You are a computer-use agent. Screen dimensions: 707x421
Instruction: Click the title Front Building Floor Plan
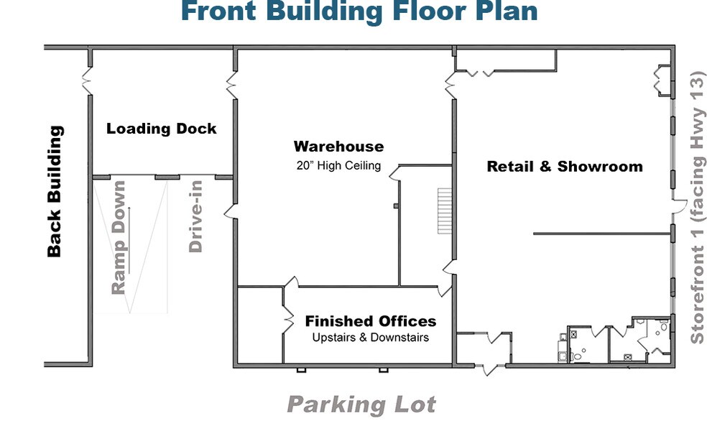359,11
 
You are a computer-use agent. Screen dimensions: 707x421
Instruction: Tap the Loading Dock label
162,129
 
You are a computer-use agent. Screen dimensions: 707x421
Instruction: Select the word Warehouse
338,147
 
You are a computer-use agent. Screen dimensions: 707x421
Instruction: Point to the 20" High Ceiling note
338,165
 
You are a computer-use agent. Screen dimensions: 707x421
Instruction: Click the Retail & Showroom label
565,167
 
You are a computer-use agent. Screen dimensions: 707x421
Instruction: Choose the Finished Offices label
371,321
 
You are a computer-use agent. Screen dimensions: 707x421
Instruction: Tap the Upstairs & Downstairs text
371,337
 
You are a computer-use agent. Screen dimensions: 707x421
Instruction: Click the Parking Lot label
361,404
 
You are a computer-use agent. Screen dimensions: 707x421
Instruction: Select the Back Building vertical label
55,191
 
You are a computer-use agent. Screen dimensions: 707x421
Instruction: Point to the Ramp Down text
118,237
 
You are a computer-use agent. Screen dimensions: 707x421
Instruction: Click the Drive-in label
195,216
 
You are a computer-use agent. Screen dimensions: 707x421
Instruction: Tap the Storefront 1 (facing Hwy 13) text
697,208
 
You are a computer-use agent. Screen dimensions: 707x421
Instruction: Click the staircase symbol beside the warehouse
445,211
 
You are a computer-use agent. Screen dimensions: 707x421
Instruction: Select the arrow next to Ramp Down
129,240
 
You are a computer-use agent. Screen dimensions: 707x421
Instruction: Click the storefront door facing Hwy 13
679,206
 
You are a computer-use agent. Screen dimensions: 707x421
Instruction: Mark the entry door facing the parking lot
490,369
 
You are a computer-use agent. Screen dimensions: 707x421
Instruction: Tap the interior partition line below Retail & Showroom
602,233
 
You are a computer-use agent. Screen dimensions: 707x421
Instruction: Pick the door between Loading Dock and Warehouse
232,85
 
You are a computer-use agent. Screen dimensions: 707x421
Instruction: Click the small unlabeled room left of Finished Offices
260,325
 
